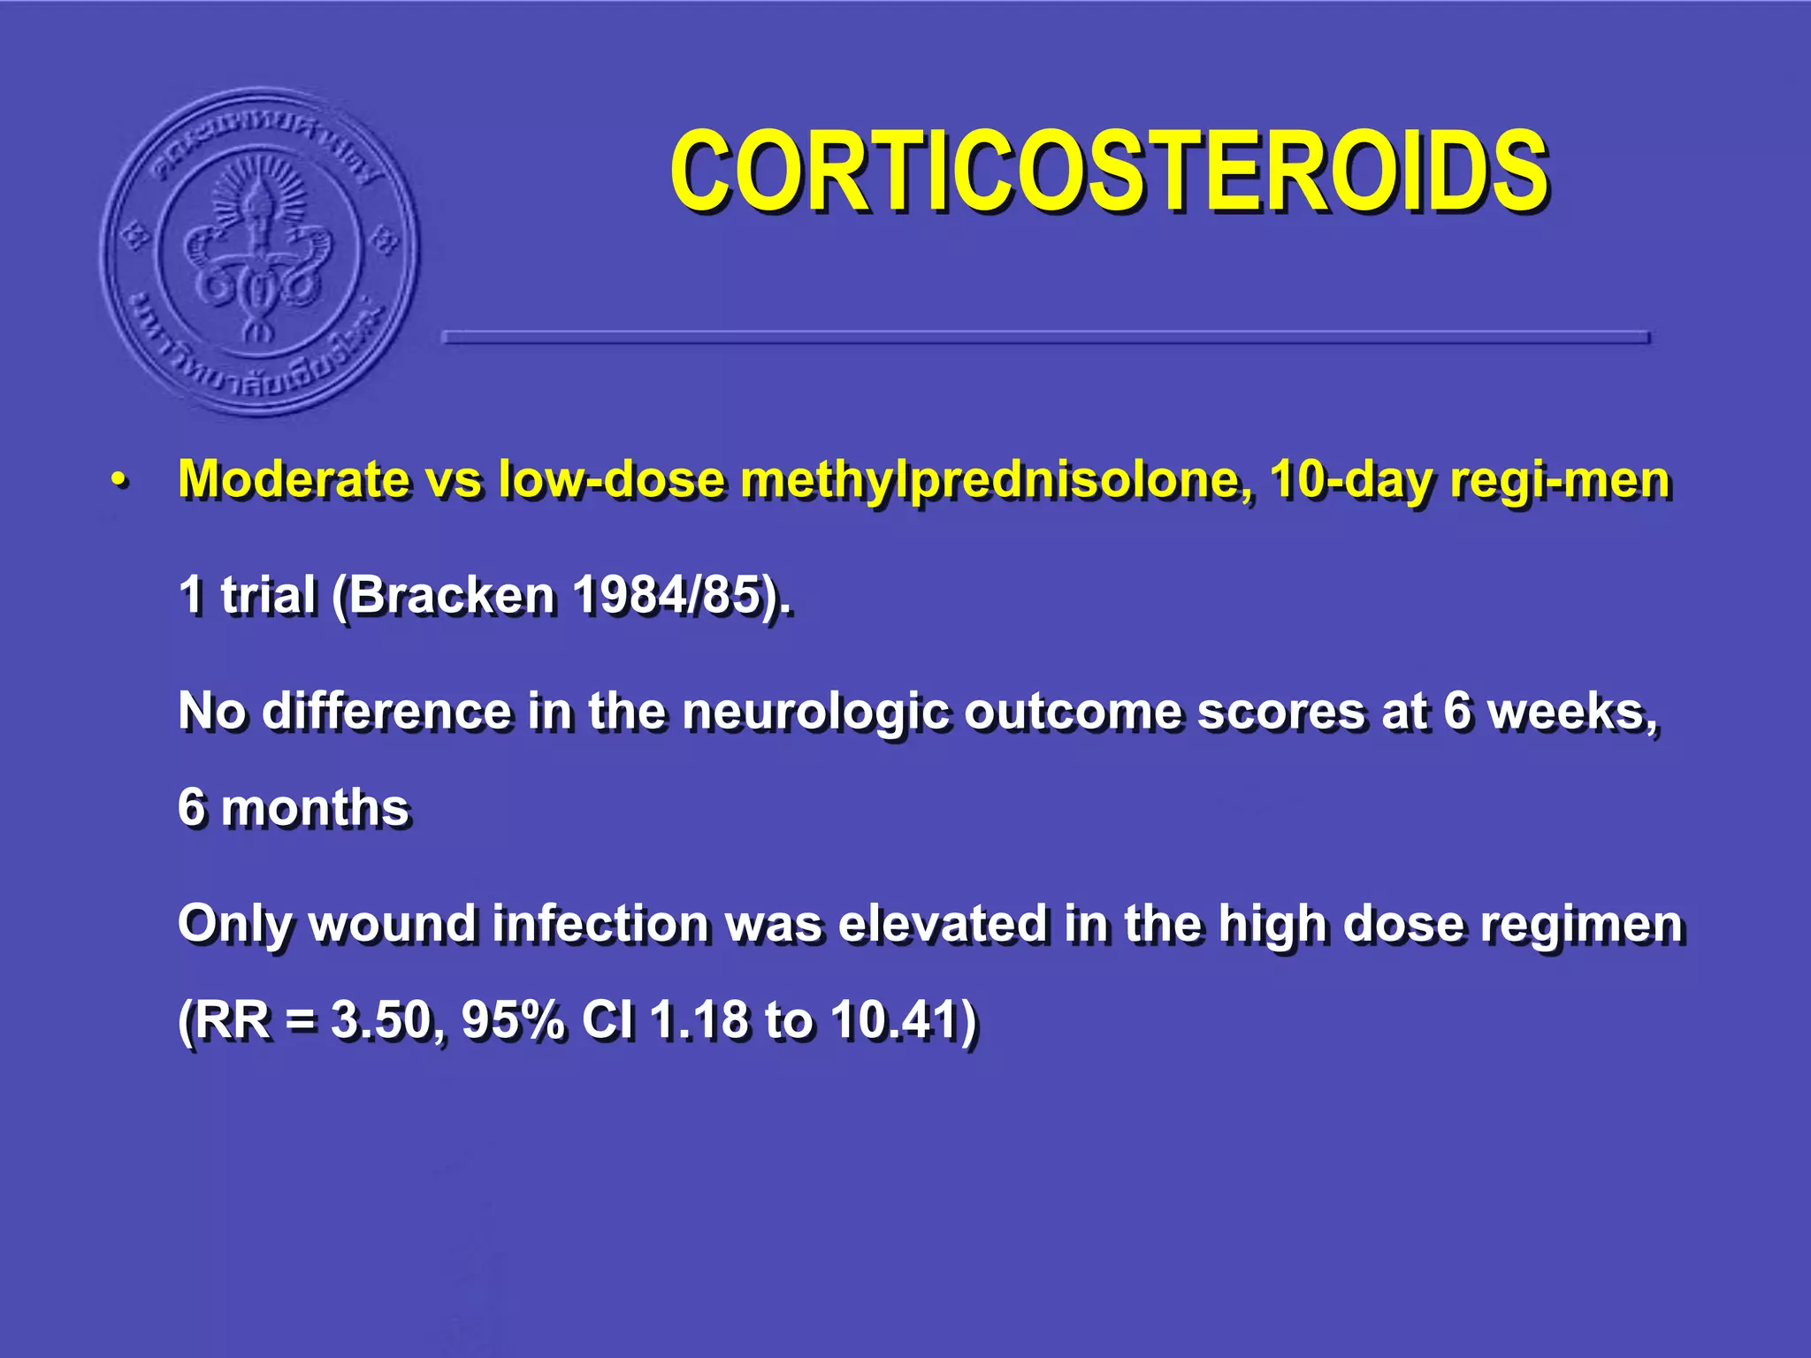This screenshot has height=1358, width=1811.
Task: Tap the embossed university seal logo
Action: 259,252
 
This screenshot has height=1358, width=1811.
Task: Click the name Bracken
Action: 451,594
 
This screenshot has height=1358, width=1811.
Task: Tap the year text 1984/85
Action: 669,594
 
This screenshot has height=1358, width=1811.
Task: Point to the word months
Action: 315,808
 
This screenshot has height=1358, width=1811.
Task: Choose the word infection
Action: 601,924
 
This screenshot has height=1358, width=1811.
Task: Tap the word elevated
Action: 943,924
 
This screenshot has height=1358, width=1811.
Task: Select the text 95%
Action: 513,1020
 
